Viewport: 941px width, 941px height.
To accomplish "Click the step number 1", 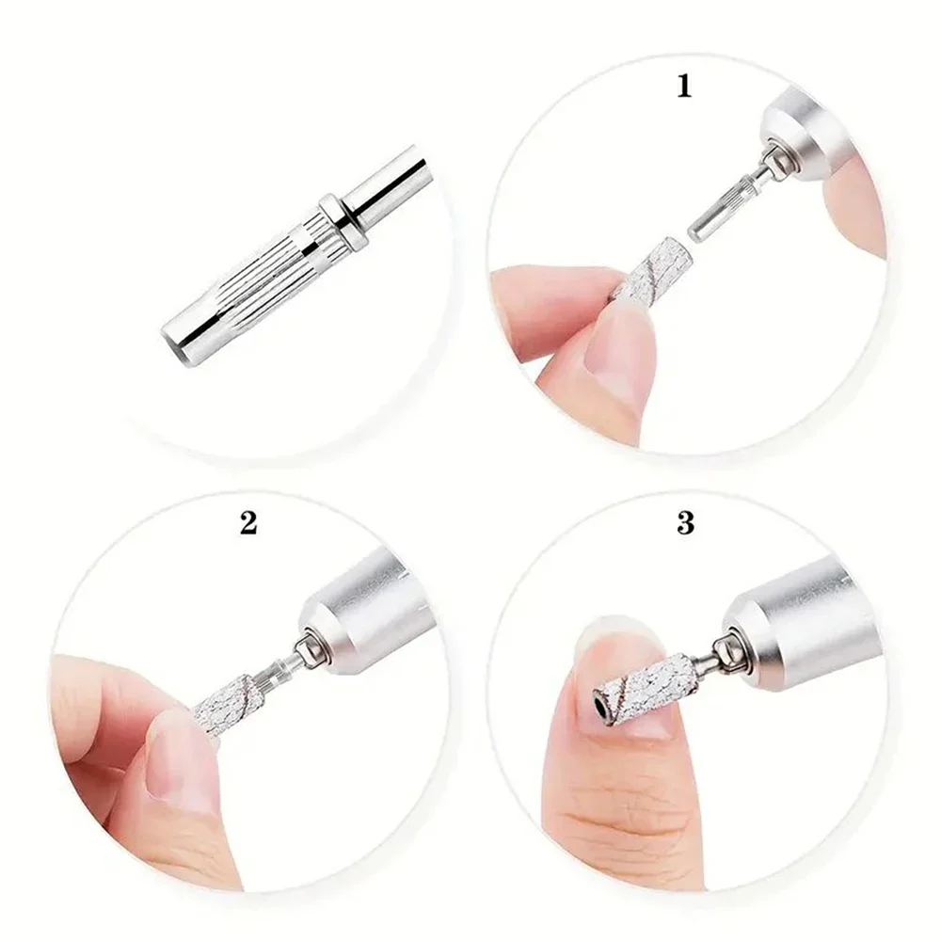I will [x=684, y=86].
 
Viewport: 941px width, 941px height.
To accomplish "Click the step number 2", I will [x=248, y=522].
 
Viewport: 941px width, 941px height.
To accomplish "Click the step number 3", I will [x=685, y=522].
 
